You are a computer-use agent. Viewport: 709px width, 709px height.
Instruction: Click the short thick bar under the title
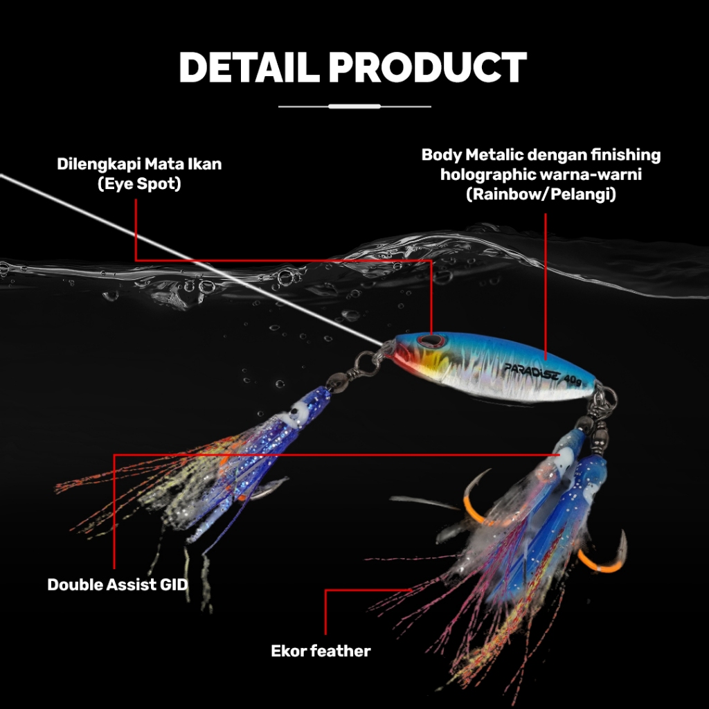pos(354,107)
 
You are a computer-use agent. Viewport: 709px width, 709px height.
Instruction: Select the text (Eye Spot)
pos(140,184)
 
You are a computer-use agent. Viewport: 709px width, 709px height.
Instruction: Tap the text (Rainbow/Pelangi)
pos(541,195)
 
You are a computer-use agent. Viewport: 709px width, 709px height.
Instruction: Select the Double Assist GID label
pos(117,584)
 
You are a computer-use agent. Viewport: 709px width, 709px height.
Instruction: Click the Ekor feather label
pos(321,651)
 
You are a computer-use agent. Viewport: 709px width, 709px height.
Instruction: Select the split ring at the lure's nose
pos(365,361)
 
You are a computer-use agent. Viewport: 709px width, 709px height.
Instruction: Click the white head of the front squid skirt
pos(300,411)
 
